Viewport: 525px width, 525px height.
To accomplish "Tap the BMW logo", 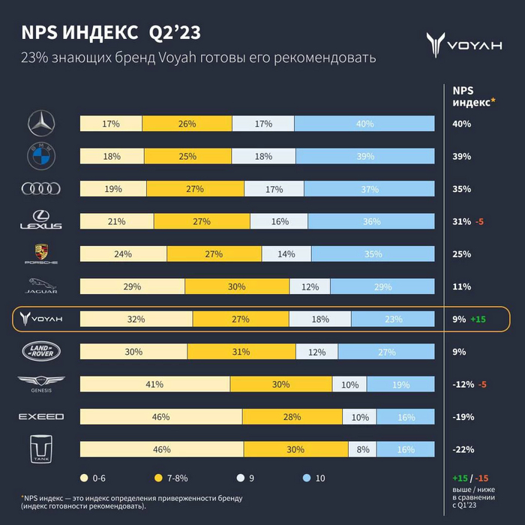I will pyautogui.click(x=41, y=156).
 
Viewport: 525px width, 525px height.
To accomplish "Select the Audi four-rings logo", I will pyautogui.click(x=41, y=189).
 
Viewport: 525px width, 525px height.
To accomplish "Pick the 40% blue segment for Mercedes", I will pyautogui.click(x=365, y=124).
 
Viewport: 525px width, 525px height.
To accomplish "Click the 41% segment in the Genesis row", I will pyautogui.click(x=155, y=384).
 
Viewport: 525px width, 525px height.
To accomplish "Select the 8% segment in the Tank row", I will pyautogui.click(x=363, y=449).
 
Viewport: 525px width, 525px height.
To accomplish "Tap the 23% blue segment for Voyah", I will pyautogui.click(x=393, y=319).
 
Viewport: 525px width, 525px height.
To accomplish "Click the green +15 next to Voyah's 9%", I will pyautogui.click(x=479, y=319).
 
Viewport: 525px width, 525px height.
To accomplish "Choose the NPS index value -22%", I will pyautogui.click(x=463, y=449).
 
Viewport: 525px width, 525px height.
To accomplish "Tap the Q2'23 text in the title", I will pyautogui.click(x=175, y=34).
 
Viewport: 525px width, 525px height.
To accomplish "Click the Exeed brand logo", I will pyautogui.click(x=41, y=416).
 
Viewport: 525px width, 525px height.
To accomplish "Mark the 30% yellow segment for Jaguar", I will pyautogui.click(x=237, y=286).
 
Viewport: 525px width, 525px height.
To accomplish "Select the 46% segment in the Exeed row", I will pyautogui.click(x=161, y=416).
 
